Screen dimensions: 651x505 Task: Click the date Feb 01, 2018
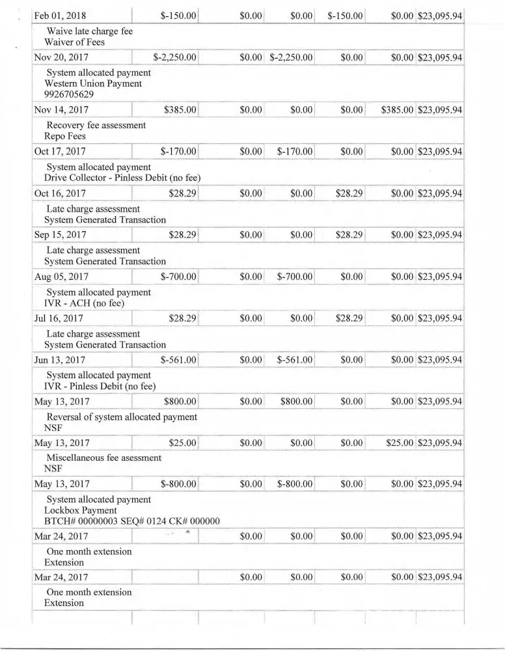pyautogui.click(x=62, y=16)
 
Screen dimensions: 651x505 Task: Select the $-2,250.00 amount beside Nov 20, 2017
pyautogui.click(x=175, y=58)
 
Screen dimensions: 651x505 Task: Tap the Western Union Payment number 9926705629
pyautogui.click(x=70, y=94)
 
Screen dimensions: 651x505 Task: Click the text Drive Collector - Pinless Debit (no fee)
pyautogui.click(x=122, y=178)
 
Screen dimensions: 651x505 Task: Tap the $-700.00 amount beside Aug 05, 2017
pyautogui.click(x=178, y=277)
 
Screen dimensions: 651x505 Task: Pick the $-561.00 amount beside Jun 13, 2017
pyautogui.click(x=178, y=360)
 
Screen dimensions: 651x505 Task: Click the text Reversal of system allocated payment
pyautogui.click(x=122, y=417)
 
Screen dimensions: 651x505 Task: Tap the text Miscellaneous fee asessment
pyautogui.click(x=103, y=458)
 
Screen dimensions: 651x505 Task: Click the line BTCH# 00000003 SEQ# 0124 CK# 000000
pyautogui.click(x=131, y=521)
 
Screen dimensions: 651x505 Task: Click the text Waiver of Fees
pyautogui.click(x=74, y=42)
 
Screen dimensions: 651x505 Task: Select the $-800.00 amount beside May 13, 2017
pyautogui.click(x=178, y=484)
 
